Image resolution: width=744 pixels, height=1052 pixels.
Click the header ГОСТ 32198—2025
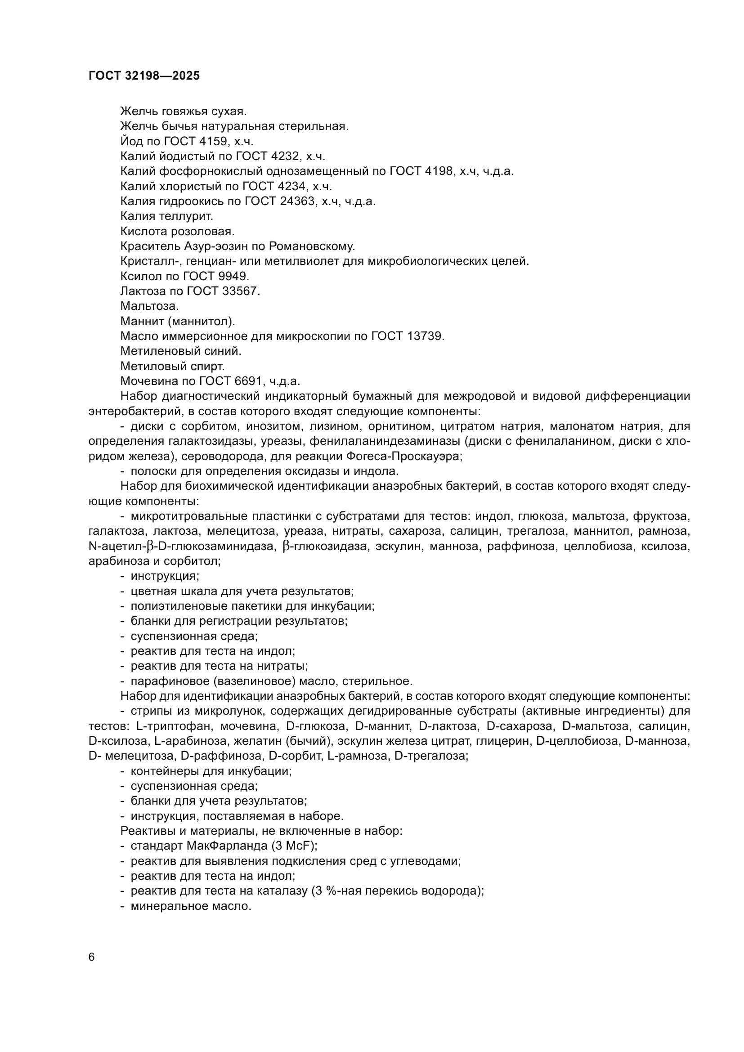[x=144, y=76]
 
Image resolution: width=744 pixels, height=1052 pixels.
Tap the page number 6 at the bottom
[x=92, y=957]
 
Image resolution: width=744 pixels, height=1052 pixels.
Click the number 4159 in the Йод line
[x=209, y=141]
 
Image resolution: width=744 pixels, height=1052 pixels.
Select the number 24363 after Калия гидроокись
[x=298, y=201]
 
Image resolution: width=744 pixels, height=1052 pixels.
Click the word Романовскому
[x=312, y=246]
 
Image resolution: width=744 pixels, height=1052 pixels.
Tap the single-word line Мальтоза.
[x=149, y=306]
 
